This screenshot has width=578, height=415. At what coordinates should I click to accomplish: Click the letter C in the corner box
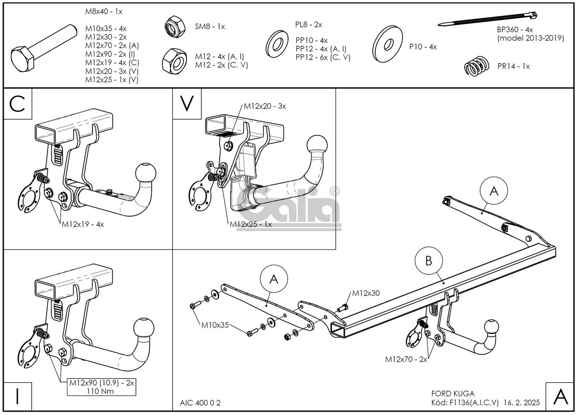[x=17, y=104]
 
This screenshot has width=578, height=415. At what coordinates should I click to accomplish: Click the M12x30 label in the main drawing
[x=366, y=293]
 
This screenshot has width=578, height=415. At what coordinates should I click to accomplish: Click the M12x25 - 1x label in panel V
[x=250, y=224]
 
